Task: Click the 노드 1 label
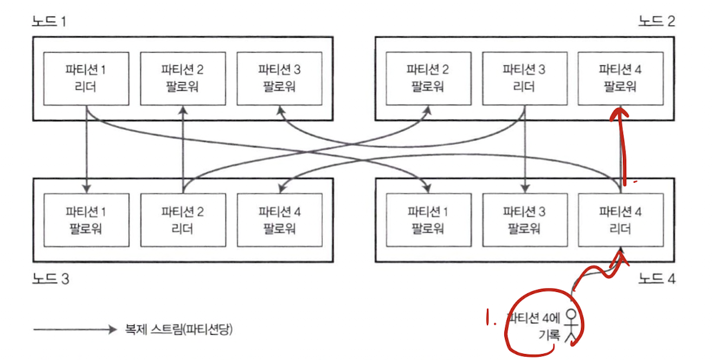pos(50,21)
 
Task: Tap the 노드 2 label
pos(657,21)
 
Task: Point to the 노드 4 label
pos(657,279)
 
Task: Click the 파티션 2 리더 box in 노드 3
pos(183,220)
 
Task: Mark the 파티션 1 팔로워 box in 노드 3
pos(87,220)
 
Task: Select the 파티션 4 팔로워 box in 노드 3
pos(279,220)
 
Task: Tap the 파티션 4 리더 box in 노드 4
pos(620,220)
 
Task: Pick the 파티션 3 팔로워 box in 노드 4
pos(524,220)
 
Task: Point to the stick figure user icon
pos(570,325)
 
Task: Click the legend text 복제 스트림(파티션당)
pos(180,329)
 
